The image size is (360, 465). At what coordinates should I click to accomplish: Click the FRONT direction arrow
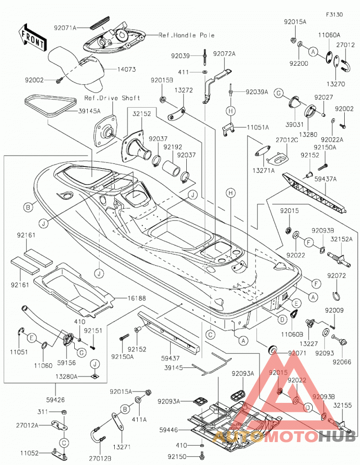tap(32, 37)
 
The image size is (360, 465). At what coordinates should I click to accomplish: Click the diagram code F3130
tap(334, 14)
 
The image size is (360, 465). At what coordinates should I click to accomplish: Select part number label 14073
tap(126, 69)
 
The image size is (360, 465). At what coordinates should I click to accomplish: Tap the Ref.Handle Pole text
tap(186, 35)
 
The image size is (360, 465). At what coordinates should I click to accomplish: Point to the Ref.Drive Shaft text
tap(112, 98)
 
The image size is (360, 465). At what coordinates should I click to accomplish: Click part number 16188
tap(136, 298)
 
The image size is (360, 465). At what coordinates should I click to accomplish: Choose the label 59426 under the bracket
tap(55, 400)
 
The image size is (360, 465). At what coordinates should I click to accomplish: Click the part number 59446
tap(168, 430)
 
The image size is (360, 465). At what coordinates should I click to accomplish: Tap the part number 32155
tap(343, 405)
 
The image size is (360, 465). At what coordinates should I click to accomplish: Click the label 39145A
tap(89, 111)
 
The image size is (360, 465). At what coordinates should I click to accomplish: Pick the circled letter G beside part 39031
tap(279, 93)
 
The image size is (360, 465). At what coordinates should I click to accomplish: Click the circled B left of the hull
tap(28, 207)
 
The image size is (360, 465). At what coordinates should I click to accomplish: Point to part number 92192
tap(173, 147)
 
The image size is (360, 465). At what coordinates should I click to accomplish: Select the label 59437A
tap(325, 179)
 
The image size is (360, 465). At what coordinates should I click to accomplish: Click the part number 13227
tap(308, 344)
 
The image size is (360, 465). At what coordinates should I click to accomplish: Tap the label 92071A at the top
tap(65, 28)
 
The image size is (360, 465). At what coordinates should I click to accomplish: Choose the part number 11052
tap(29, 453)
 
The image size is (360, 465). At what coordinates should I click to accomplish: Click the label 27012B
tap(100, 459)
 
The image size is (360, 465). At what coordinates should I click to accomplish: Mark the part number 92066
tap(342, 362)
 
